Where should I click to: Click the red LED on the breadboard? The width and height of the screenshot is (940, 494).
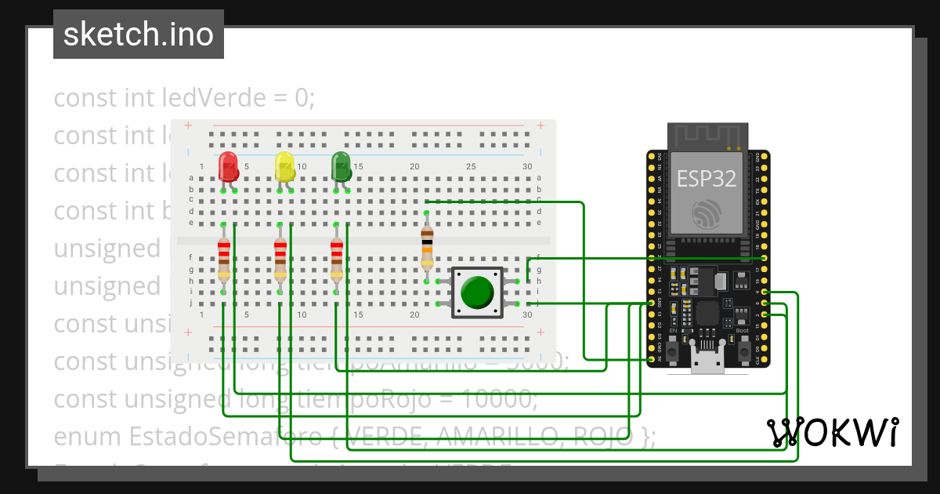coord(229,166)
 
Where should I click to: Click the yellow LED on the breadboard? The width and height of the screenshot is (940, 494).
coord(284,166)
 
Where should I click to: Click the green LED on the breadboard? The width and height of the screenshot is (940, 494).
coord(341,166)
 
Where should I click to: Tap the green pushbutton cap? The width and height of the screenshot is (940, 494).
coord(476,291)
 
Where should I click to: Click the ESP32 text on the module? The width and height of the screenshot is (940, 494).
coord(707,179)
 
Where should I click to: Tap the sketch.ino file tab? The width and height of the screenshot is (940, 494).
coord(139,35)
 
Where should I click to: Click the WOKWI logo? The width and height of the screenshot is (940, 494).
coord(832,432)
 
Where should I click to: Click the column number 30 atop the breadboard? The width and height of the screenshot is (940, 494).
coord(527,166)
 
